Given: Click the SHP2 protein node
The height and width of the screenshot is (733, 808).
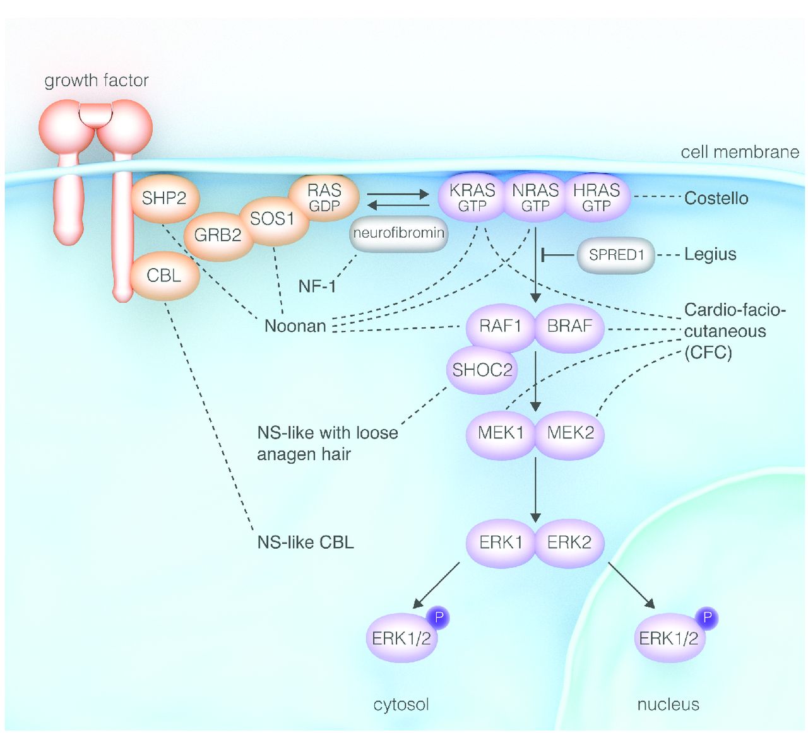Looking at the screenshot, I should (164, 199).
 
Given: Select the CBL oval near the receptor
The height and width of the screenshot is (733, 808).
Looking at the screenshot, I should (164, 276).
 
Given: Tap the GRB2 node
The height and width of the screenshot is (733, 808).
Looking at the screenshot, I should (218, 235).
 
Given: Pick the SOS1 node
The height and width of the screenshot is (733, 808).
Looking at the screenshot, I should (272, 219).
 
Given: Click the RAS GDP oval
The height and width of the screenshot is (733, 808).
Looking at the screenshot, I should (324, 197).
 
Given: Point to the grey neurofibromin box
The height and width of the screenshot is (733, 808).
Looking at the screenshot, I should (399, 233).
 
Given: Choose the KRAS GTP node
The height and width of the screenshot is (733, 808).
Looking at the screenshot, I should (472, 197).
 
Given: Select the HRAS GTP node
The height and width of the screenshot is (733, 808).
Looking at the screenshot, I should (597, 197).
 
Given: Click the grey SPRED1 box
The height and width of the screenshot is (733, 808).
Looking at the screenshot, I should (616, 255).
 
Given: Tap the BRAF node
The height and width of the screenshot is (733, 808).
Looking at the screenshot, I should (569, 326).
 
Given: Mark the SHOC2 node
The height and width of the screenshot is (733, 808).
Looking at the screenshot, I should (482, 370).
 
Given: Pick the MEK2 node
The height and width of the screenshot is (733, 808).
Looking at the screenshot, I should (570, 433).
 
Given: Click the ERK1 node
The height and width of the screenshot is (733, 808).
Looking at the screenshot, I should (501, 542).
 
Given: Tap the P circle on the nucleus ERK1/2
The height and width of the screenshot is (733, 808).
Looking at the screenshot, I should (707, 618).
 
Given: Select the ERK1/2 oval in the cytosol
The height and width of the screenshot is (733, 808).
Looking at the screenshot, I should (401, 638).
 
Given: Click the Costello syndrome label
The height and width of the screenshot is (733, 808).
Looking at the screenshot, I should (716, 198).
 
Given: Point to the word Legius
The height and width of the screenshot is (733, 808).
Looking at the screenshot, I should (710, 254).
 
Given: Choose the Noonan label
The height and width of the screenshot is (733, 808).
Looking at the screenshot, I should (295, 326).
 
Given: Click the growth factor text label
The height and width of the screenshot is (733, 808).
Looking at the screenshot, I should (97, 81).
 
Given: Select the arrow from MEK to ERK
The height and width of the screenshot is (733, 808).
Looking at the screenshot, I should (535, 489).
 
